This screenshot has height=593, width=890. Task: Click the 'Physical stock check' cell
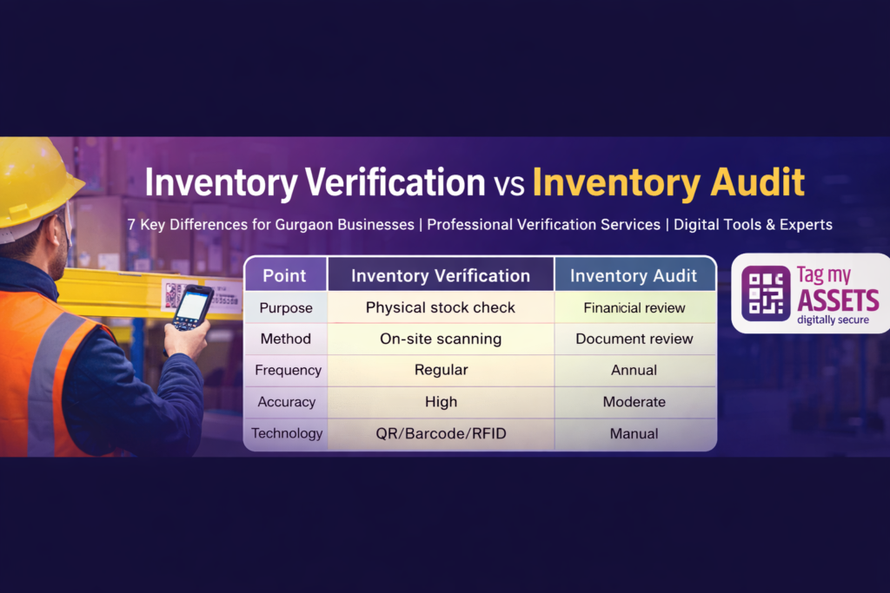tap(441, 307)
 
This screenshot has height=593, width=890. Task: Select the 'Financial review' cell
tap(634, 307)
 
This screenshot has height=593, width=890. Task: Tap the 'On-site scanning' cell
tap(441, 339)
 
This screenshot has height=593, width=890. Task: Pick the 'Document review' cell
tap(634, 339)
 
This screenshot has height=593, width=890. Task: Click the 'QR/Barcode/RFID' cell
tap(441, 433)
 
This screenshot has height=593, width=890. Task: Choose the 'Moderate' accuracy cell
tap(634, 402)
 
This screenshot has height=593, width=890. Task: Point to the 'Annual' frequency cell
tap(634, 370)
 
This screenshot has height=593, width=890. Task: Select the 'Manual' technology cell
tap(634, 433)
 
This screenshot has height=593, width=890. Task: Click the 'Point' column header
tap(285, 275)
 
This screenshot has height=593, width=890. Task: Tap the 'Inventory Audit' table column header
tap(634, 275)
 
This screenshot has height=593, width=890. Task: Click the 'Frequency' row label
tap(288, 370)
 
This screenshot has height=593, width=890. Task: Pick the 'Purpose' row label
tap(286, 307)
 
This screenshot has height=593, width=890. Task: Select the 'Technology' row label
tap(287, 433)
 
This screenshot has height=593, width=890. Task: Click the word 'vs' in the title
tap(508, 185)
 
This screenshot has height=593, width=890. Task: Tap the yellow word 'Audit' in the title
tap(752, 183)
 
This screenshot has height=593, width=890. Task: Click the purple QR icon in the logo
tap(766, 293)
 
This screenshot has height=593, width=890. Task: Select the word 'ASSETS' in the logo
tap(837, 300)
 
